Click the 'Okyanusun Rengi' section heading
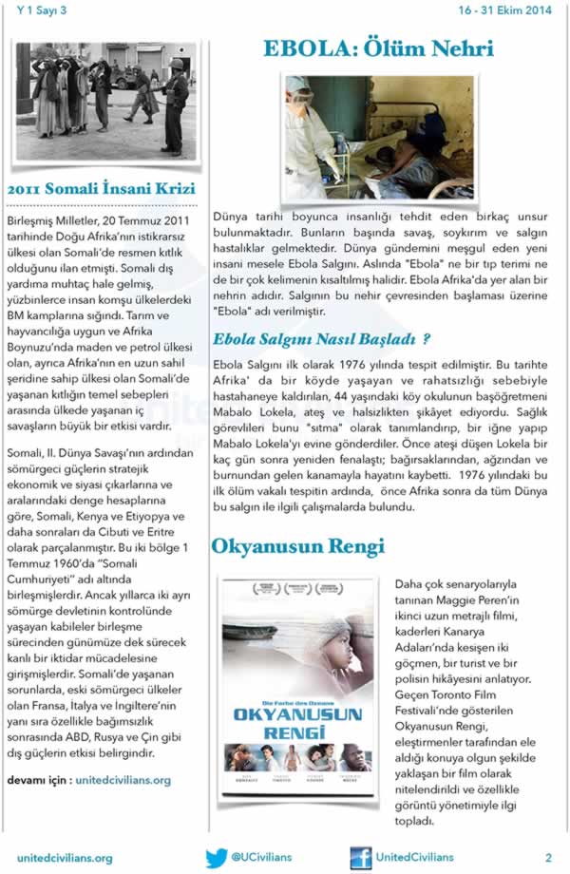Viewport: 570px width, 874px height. click(297, 546)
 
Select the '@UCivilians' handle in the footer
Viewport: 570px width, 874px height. click(263, 857)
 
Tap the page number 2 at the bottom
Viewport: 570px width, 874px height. click(548, 857)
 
